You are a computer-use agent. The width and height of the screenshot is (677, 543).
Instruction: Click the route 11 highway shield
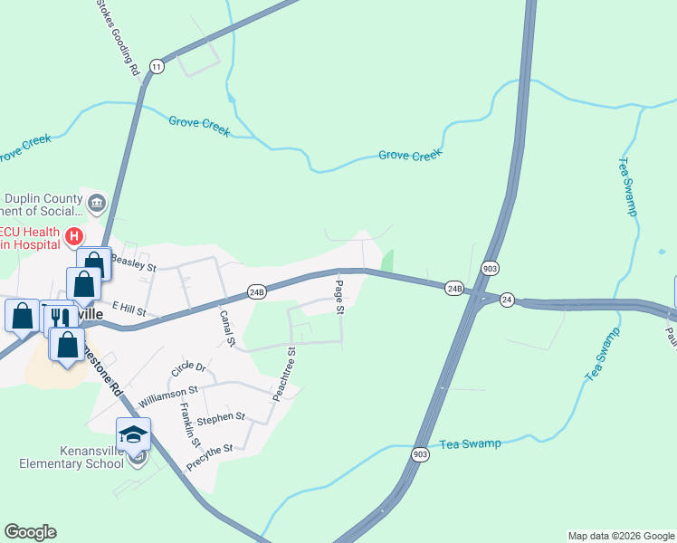tap(157, 67)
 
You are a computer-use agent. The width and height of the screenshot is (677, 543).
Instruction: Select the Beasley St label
tap(133, 266)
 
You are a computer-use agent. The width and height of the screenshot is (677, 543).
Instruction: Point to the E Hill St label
tap(129, 310)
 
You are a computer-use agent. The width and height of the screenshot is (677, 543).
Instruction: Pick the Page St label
tap(339, 297)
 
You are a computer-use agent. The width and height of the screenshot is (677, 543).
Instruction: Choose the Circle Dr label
tap(187, 369)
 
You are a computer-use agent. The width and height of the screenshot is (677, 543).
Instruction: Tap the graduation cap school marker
tap(133, 433)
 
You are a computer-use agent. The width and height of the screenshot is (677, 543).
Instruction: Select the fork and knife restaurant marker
tap(59, 317)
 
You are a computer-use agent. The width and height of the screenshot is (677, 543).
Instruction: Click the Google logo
tap(30, 532)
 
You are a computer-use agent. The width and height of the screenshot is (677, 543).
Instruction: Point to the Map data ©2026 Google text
tap(620, 536)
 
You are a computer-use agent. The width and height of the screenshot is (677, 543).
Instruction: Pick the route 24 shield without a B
tap(507, 300)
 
